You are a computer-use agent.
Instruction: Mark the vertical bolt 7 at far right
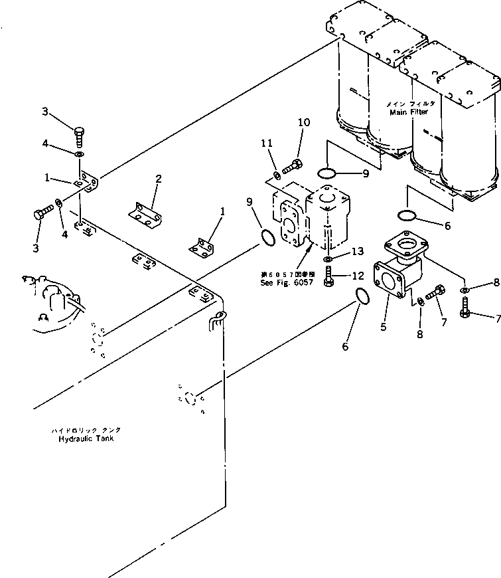pyautogui.click(x=466, y=307)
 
